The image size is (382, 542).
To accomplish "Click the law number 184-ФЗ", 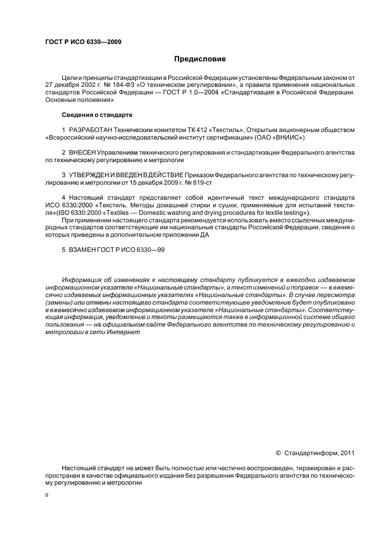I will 114,85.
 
